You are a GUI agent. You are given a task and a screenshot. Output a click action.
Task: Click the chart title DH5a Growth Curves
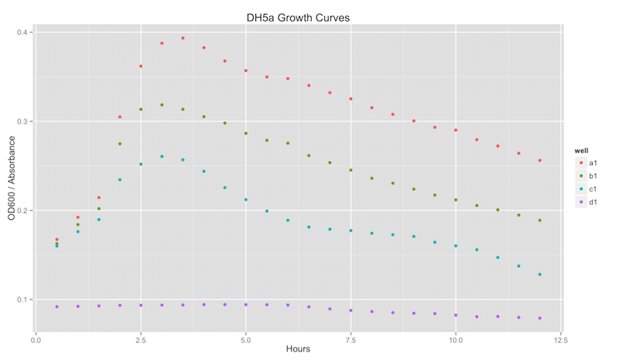click(298, 16)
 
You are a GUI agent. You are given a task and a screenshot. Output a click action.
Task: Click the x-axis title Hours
click(298, 349)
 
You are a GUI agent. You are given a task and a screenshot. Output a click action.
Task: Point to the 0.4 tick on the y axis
click(24, 33)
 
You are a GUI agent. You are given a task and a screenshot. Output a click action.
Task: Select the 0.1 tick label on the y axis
click(24, 300)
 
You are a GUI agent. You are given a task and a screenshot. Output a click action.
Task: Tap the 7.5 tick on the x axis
click(351, 338)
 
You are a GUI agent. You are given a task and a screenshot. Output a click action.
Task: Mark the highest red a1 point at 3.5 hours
click(183, 38)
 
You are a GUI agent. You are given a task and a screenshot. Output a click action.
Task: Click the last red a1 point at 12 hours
click(539, 160)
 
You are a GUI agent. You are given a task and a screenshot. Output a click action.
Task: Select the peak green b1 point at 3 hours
click(162, 105)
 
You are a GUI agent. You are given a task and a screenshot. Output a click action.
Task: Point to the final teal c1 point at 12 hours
click(539, 274)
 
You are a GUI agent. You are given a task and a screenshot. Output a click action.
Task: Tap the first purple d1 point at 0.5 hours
click(56, 307)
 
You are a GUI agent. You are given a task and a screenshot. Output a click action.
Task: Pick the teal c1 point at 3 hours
click(162, 156)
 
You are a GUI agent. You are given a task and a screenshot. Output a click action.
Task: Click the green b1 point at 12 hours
click(539, 221)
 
